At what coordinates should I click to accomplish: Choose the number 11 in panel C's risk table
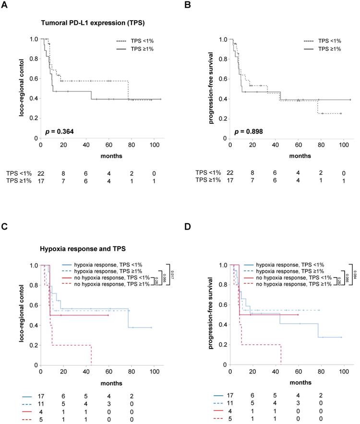(41, 404)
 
